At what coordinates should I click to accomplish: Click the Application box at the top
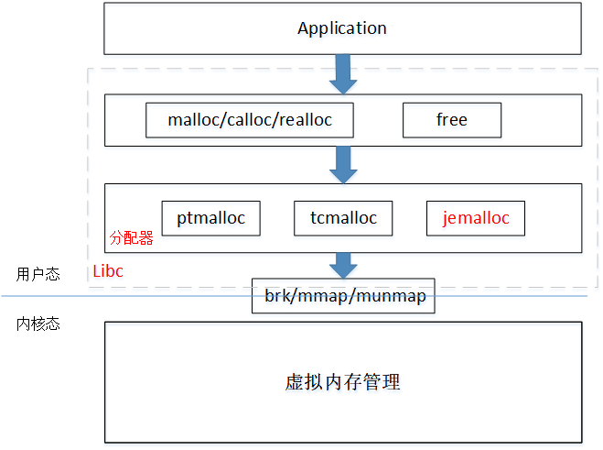click(x=342, y=28)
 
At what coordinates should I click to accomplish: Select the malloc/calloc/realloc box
click(x=250, y=120)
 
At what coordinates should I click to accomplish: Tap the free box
click(x=452, y=120)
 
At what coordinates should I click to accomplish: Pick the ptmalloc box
click(x=210, y=219)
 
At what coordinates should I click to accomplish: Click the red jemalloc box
click(x=476, y=219)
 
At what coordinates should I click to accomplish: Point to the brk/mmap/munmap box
click(x=343, y=296)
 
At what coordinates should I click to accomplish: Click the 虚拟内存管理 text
click(x=342, y=382)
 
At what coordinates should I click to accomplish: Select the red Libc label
click(x=108, y=272)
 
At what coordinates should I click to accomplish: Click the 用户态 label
click(x=38, y=274)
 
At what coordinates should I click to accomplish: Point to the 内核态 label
click(x=38, y=324)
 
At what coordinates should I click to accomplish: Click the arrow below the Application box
click(x=344, y=73)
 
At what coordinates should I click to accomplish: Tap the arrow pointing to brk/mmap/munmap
click(x=344, y=264)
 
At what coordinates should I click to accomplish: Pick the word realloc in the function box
click(x=304, y=120)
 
